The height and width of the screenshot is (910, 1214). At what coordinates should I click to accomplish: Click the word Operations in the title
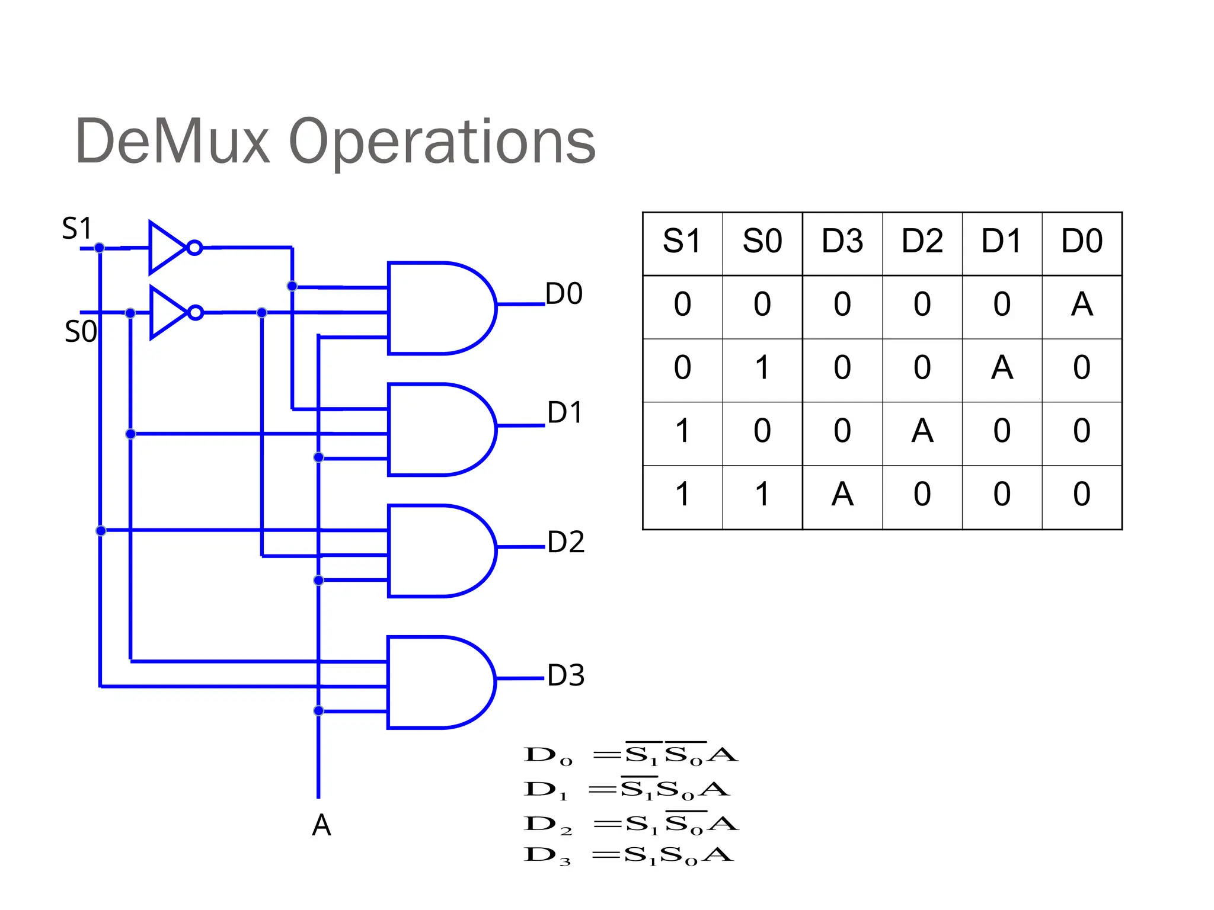(x=442, y=142)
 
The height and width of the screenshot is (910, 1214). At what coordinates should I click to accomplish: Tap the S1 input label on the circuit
(x=77, y=229)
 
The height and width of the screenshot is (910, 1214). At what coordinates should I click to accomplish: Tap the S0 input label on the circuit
(x=81, y=332)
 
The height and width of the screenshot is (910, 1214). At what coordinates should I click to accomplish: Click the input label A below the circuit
(x=321, y=825)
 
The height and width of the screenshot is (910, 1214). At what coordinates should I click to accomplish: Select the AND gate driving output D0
(x=436, y=308)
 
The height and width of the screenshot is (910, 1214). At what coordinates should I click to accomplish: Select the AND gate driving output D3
(x=436, y=682)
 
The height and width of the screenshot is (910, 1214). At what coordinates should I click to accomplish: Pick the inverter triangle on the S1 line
(x=166, y=248)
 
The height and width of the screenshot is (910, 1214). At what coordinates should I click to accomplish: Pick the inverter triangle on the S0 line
(x=167, y=312)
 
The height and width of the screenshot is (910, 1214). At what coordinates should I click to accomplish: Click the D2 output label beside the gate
(x=566, y=542)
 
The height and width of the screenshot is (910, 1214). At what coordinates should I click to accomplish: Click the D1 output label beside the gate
(x=565, y=412)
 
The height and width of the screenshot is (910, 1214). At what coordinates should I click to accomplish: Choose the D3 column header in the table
(x=842, y=242)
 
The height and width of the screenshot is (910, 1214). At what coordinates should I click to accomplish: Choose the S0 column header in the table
(x=762, y=242)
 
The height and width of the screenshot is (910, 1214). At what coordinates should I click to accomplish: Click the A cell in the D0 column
(x=1082, y=305)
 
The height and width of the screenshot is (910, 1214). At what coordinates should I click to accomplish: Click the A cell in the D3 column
(x=842, y=494)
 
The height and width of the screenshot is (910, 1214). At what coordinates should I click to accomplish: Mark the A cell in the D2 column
(x=922, y=431)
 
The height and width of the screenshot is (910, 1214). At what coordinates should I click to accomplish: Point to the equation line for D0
(x=631, y=755)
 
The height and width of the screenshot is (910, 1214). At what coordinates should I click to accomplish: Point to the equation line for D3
(x=628, y=855)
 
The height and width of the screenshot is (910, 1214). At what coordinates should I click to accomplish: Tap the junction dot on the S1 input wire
(x=100, y=248)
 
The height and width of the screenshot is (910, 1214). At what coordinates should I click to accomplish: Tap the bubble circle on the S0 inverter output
(x=195, y=312)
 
